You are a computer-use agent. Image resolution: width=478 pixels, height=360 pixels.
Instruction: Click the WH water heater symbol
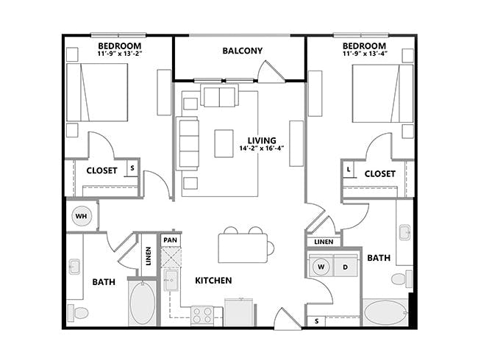[x=81, y=217]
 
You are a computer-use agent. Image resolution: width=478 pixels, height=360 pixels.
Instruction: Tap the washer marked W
[x=321, y=267]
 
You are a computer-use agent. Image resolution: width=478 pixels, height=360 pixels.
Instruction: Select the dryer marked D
[x=345, y=267]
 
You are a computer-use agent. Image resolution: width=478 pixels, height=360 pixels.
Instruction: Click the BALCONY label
[x=242, y=51]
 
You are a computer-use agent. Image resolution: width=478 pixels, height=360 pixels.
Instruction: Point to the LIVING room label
[x=262, y=140]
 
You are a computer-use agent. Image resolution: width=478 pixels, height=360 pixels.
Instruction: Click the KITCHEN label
[x=213, y=281]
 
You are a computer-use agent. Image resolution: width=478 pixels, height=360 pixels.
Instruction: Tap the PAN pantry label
[x=170, y=240]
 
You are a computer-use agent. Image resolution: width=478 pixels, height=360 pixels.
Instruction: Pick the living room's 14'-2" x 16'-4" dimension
[x=261, y=148]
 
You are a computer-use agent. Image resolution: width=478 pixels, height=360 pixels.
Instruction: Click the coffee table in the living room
[x=224, y=143]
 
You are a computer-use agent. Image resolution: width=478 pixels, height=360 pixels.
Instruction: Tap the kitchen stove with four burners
[x=202, y=316]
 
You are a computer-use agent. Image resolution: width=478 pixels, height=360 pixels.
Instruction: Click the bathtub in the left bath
[x=142, y=303]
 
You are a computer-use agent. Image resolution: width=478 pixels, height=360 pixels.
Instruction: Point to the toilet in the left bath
[x=79, y=313]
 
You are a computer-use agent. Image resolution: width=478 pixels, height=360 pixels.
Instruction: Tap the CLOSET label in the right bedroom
[x=379, y=174]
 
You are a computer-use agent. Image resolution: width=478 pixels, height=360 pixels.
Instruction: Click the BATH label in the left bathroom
[x=103, y=281]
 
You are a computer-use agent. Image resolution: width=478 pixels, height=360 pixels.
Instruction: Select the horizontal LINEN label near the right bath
[x=323, y=242]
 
